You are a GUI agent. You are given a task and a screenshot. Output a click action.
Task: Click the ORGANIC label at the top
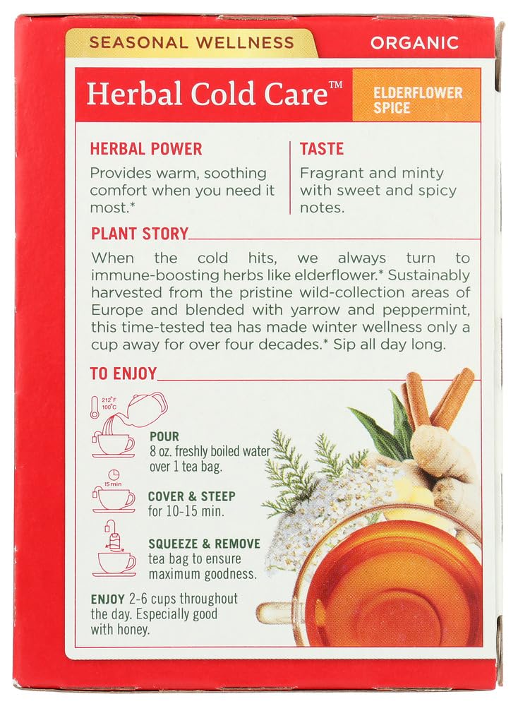(x=414, y=43)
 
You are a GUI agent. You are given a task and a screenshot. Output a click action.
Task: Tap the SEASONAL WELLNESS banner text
(x=192, y=42)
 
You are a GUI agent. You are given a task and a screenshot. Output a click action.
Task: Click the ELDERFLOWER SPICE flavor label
(x=418, y=100)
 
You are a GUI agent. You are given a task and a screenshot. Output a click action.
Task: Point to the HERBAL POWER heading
(x=146, y=148)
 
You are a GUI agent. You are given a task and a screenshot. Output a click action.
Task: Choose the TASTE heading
(x=322, y=148)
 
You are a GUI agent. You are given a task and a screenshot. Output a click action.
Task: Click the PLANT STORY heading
(x=140, y=234)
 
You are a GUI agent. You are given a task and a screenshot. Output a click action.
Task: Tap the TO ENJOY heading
(x=124, y=373)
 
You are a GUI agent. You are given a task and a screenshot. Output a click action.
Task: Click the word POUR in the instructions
(x=164, y=436)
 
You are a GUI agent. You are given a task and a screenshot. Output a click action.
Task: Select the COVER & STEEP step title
(x=192, y=496)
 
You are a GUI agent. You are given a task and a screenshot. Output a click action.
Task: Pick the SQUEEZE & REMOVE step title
(x=205, y=544)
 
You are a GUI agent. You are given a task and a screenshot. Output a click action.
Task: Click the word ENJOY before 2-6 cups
(x=107, y=599)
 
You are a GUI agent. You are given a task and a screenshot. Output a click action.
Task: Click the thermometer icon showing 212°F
(x=94, y=407)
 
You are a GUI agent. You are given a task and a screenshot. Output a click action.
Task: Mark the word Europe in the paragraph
(x=117, y=310)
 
